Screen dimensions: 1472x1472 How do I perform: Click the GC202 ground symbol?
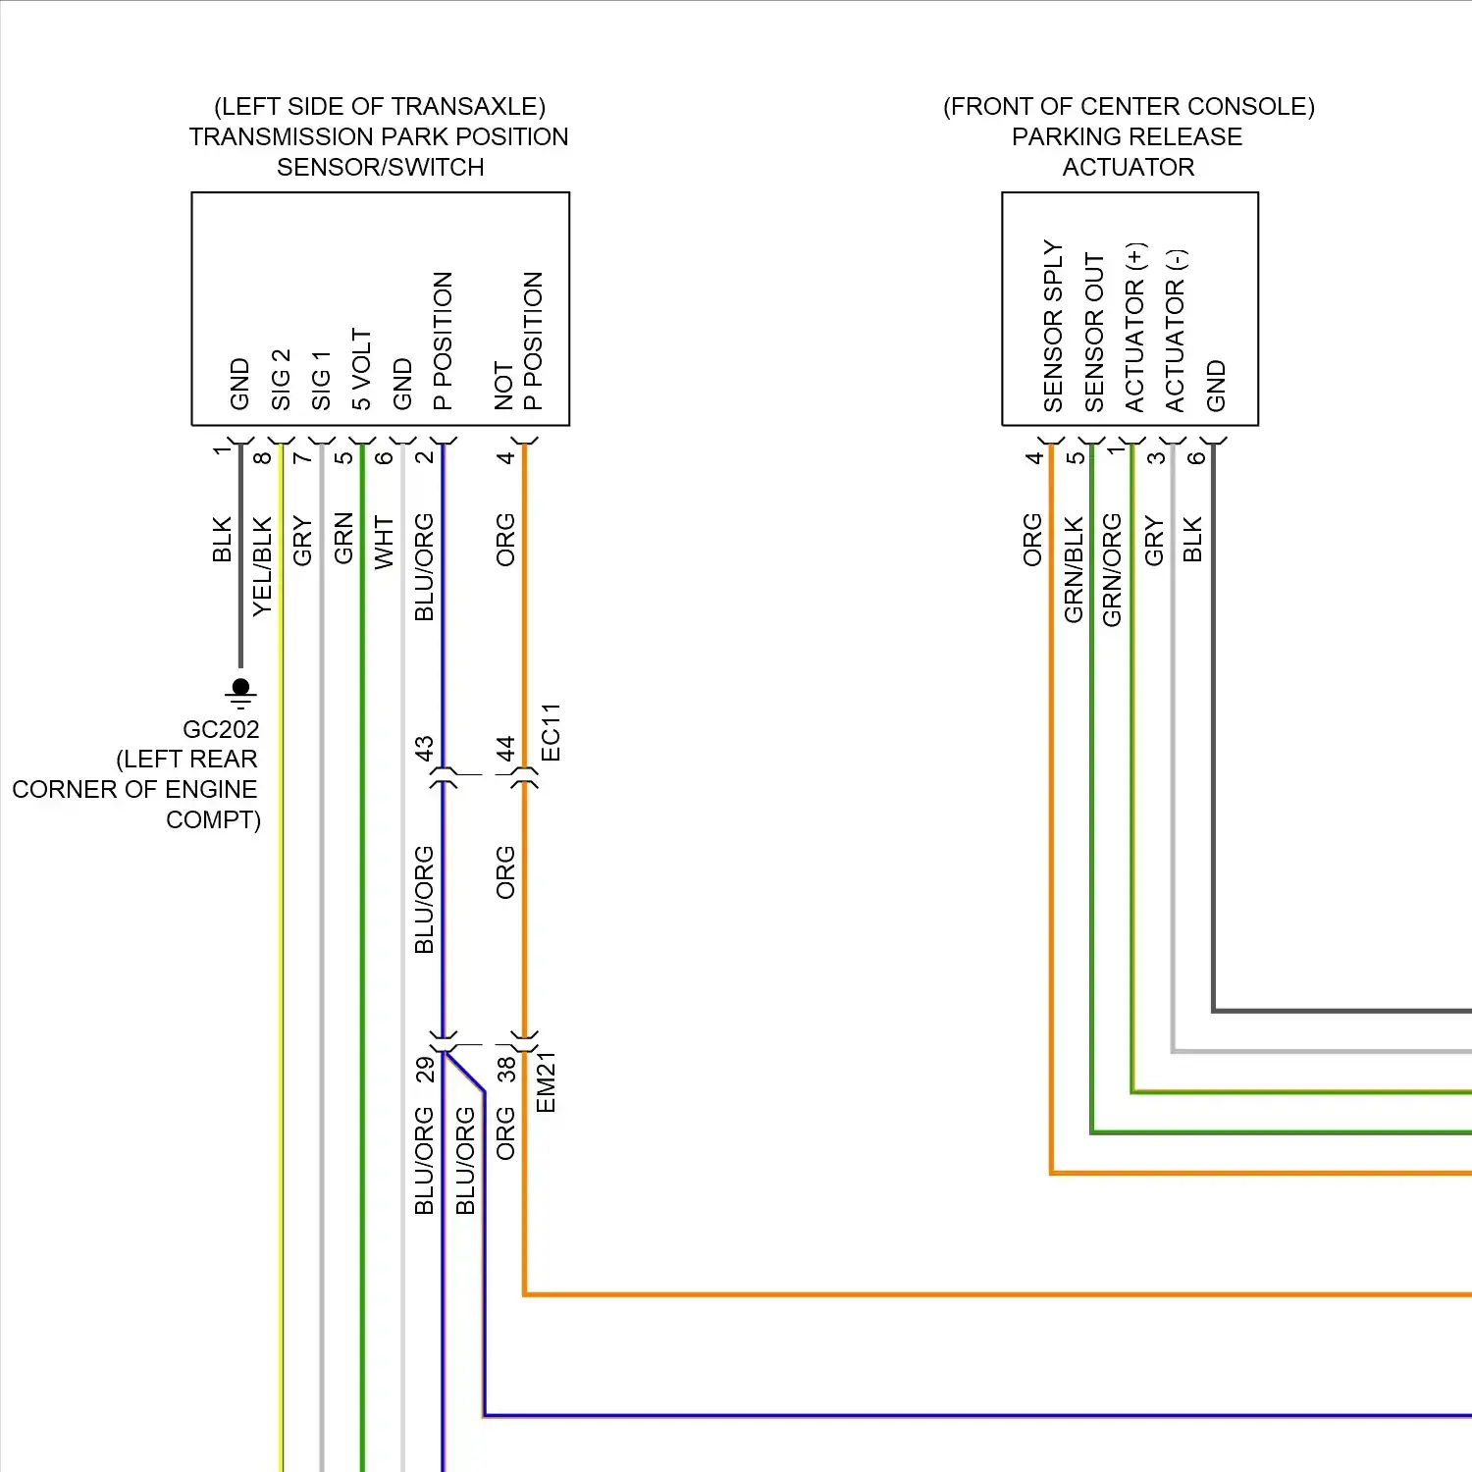click(240, 692)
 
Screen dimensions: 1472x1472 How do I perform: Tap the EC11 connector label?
click(551, 732)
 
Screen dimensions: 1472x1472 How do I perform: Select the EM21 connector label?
click(547, 1081)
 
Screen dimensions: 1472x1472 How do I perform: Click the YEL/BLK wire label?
click(262, 566)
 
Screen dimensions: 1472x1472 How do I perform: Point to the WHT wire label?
click(384, 543)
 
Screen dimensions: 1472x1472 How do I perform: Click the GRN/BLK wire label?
click(1074, 569)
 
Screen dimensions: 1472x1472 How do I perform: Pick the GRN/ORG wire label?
click(1112, 569)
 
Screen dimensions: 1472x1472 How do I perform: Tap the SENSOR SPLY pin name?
click(1053, 326)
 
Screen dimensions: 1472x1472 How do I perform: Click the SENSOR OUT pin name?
click(1094, 332)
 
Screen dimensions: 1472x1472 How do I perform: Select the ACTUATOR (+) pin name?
click(1135, 327)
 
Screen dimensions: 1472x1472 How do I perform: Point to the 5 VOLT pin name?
click(362, 370)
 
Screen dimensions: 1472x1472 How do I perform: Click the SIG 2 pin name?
click(281, 380)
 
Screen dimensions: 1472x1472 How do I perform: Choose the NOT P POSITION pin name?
click(519, 341)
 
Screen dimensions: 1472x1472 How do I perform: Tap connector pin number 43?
click(424, 749)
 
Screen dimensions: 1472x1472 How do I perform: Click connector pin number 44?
click(505, 749)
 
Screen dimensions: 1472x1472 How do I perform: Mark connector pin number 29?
click(424, 1069)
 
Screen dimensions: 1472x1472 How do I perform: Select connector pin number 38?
click(505, 1069)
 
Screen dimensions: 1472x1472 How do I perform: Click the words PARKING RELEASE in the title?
click(1127, 136)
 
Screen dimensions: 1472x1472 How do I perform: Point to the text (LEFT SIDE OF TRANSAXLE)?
click(380, 106)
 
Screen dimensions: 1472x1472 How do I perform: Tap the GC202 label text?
click(221, 729)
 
